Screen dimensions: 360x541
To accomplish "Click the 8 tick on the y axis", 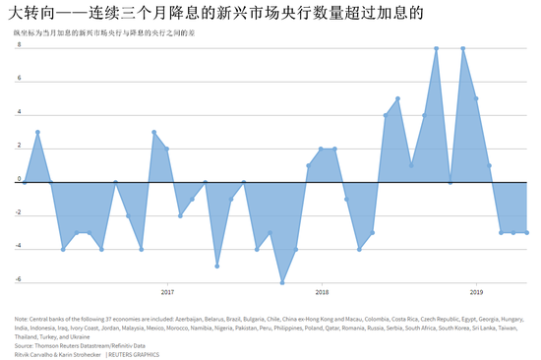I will click(x=19, y=48).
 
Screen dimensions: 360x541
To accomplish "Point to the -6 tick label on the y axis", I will click(x=18, y=279).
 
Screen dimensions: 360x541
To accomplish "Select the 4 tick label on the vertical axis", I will click(x=19, y=113).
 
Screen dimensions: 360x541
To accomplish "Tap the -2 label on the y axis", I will click(x=18, y=214).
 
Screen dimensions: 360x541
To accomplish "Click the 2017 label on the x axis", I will click(x=167, y=292).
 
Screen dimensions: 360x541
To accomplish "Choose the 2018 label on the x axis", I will click(x=322, y=292).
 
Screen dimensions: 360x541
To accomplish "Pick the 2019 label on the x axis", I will click(x=476, y=292).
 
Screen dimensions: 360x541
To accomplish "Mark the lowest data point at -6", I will click(x=282, y=282).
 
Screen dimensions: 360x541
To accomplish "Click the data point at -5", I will click(x=218, y=266).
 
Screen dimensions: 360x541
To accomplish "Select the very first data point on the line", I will click(x=25, y=182).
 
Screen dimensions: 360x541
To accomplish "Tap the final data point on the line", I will click(x=527, y=233).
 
